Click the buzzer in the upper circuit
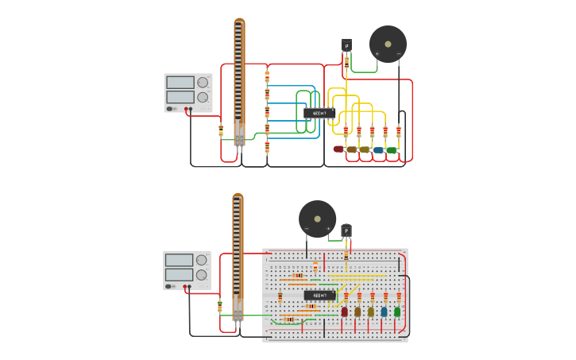388,44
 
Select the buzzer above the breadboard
317,219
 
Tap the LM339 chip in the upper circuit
319,114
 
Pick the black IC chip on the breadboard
319,295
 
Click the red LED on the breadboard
345,312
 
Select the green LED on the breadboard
397,312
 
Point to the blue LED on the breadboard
385,312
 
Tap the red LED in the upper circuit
338,149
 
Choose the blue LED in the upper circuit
378,149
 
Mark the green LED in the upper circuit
392,149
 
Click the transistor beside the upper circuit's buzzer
346,46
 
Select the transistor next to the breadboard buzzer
346,231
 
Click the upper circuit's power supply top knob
203,82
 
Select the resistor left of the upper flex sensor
221,130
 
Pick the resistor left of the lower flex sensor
220,306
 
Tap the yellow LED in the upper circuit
365,149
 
